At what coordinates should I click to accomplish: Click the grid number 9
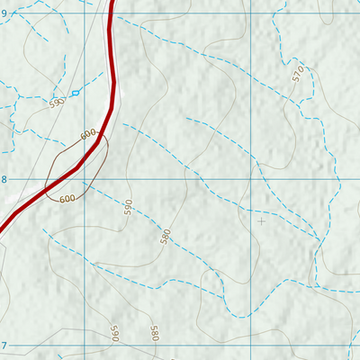point(4,13)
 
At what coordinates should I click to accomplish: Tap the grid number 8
point(4,179)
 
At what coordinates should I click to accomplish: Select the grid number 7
point(4,346)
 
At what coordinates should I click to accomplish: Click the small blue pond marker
point(76,92)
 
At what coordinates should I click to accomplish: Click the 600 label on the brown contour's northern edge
point(87,135)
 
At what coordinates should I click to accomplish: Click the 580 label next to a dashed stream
point(166,237)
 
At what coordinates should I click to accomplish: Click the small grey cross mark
point(262,220)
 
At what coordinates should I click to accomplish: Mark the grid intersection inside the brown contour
point(84,179)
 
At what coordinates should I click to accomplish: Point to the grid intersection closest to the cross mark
point(250,179)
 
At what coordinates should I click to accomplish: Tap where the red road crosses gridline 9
point(113,15)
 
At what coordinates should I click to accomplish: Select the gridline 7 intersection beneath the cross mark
point(250,346)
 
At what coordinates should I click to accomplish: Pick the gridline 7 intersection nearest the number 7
point(84,346)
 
